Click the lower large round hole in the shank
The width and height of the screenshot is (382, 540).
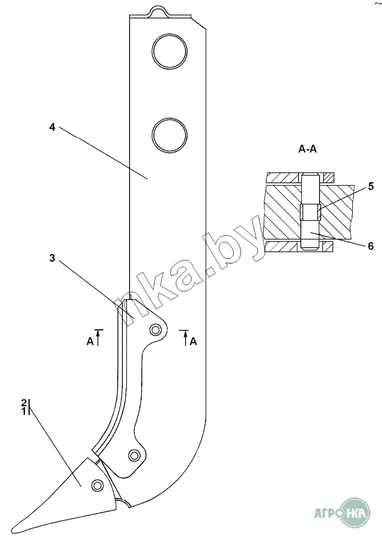(x=169, y=134)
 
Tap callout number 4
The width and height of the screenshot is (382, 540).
(x=52, y=127)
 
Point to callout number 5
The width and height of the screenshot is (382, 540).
(x=370, y=187)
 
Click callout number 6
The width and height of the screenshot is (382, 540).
(x=370, y=246)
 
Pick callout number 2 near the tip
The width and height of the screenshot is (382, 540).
(x=24, y=403)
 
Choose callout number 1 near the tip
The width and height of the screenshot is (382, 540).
(x=24, y=412)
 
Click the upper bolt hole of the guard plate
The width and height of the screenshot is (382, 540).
(x=156, y=330)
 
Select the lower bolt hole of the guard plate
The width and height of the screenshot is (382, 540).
(x=134, y=455)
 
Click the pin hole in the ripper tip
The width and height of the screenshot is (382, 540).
(x=97, y=484)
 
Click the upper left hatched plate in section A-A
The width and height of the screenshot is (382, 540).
(x=283, y=177)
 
